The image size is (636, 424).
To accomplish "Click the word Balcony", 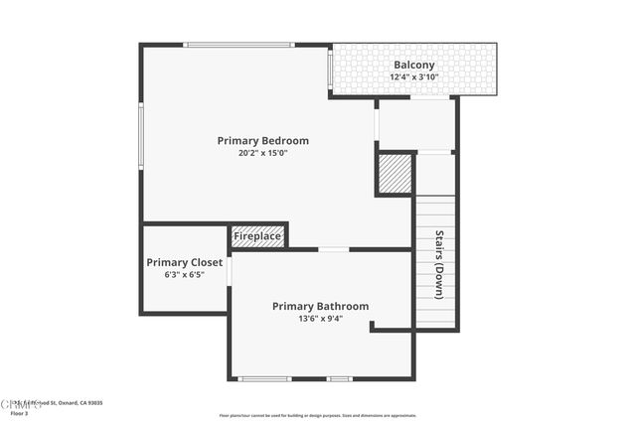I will [x=414, y=65].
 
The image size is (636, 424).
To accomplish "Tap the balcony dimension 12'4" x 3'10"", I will [x=414, y=76].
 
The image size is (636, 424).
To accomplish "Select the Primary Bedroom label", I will [x=263, y=141].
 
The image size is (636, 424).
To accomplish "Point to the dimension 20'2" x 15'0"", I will [x=263, y=153].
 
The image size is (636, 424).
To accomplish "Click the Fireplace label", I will [x=257, y=236].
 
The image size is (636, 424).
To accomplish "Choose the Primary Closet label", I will [x=185, y=262].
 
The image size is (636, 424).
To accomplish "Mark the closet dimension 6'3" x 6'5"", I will [x=185, y=274].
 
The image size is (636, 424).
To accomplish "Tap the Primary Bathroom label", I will [x=320, y=307].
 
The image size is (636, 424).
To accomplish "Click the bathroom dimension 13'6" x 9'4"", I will [x=320, y=319].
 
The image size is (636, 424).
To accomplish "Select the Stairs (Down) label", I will [x=438, y=265].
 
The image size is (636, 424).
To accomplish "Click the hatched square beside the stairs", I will [x=394, y=174].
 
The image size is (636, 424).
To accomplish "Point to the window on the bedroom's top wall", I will [x=238, y=45].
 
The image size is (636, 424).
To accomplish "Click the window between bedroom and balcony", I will [x=330, y=71].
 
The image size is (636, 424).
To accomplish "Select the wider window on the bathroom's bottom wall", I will [x=265, y=378].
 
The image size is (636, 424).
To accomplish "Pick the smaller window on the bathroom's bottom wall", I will [x=340, y=378].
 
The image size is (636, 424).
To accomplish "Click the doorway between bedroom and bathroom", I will [x=334, y=249].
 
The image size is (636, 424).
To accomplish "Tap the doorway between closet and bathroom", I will [x=230, y=271].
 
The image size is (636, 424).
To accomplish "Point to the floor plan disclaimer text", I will [x=318, y=416].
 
